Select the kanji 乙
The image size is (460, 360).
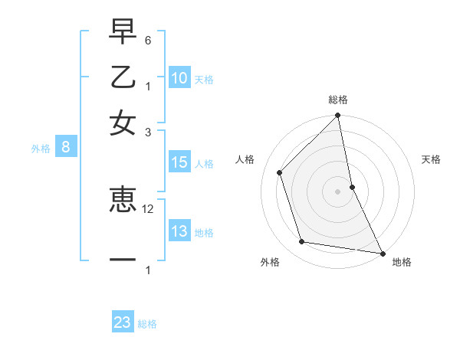click(x=123, y=77)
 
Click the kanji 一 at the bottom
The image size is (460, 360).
click(x=123, y=260)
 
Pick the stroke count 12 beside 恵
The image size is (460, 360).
click(x=148, y=208)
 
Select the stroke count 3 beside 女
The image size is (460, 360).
click(x=148, y=132)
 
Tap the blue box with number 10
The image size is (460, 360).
click(x=179, y=78)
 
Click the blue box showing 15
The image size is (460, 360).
click(x=179, y=162)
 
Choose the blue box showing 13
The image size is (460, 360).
click(x=179, y=231)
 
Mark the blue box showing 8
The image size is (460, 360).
click(x=65, y=148)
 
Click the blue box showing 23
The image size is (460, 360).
click(x=123, y=322)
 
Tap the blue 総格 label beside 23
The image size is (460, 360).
click(x=147, y=324)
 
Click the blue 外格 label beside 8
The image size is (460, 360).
click(x=41, y=149)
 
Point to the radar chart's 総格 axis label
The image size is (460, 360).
click(x=338, y=100)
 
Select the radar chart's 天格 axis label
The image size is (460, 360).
click(x=431, y=159)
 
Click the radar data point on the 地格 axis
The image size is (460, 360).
click(x=381, y=253)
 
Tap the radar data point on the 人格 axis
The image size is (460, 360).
click(x=280, y=172)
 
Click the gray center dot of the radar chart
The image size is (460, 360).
click(x=338, y=191)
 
